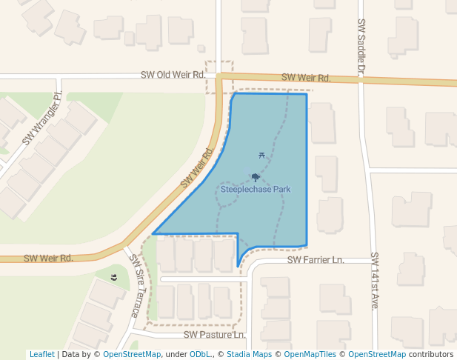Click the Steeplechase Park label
[256, 190]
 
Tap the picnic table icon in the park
[262, 155]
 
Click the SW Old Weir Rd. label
[173, 76]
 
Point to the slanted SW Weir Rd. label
[197, 168]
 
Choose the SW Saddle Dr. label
[361, 49]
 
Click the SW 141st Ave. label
[375, 281]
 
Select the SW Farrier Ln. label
[316, 261]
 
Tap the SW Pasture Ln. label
[215, 335]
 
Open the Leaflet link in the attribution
[42, 355]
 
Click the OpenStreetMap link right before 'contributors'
[377, 355]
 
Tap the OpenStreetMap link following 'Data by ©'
[132, 355]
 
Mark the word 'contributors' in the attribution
[430, 355]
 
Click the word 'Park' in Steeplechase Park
[281, 190]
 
